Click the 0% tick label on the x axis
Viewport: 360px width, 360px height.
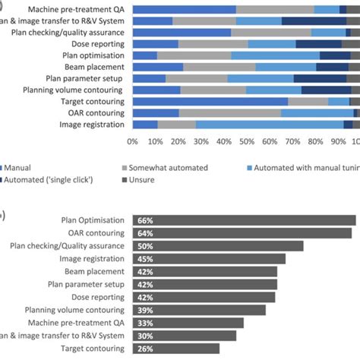(x=133, y=141)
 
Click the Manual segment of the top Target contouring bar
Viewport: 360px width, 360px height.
(x=210, y=101)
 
